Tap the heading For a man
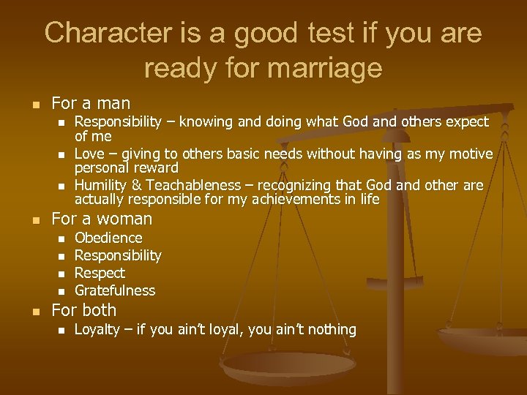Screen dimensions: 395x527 91,104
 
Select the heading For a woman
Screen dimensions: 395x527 102,219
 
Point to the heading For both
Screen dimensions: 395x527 83,310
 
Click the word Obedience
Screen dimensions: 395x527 108,238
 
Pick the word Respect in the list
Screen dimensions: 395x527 100,273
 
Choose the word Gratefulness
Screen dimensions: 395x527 115,290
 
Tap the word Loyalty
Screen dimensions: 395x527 97,329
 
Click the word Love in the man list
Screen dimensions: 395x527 89,154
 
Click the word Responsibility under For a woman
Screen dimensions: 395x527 118,255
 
